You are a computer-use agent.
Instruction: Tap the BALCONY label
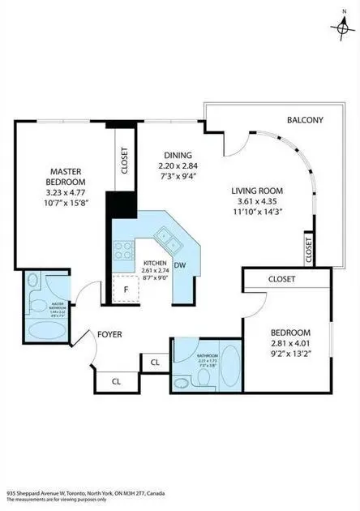(x=305, y=120)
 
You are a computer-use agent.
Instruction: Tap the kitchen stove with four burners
(x=123, y=251)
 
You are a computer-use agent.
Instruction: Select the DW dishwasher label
(x=180, y=264)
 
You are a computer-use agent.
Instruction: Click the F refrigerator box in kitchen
(x=126, y=287)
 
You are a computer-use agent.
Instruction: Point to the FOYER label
(x=110, y=333)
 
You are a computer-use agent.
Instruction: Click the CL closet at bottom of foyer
(x=117, y=379)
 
